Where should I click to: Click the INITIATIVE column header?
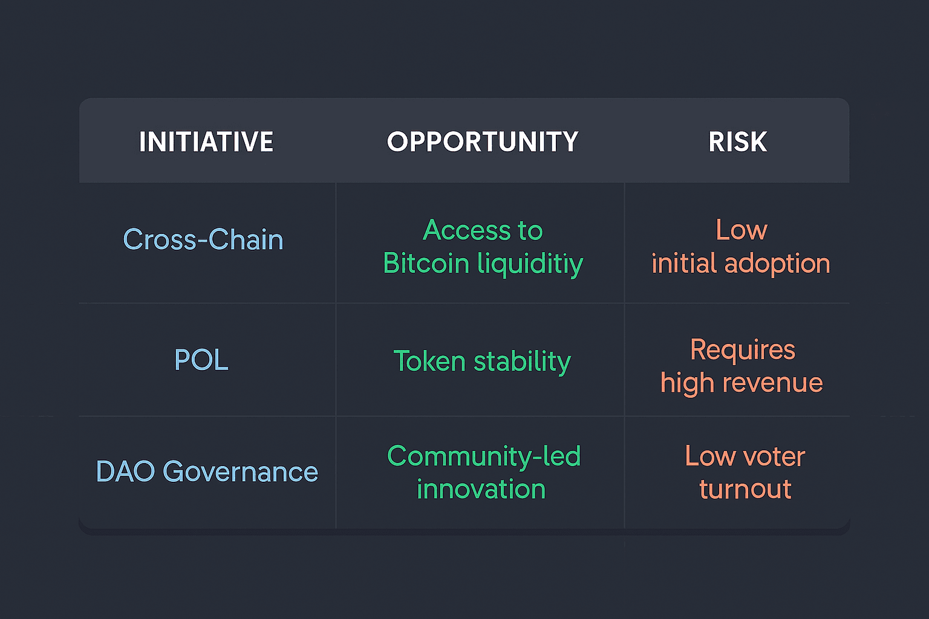[206, 142]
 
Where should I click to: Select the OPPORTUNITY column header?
[482, 142]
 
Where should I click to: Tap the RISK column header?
[738, 142]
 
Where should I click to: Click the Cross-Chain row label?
[203, 239]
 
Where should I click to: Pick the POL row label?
[201, 359]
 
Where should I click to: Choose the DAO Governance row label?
[207, 472]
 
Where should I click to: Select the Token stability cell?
[482, 361]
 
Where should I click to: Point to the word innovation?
[481, 489]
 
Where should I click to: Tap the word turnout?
[745, 489]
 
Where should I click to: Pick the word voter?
[774, 456]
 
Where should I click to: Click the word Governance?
[241, 472]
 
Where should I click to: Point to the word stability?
[522, 361]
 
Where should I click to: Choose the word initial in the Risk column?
[684, 263]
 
